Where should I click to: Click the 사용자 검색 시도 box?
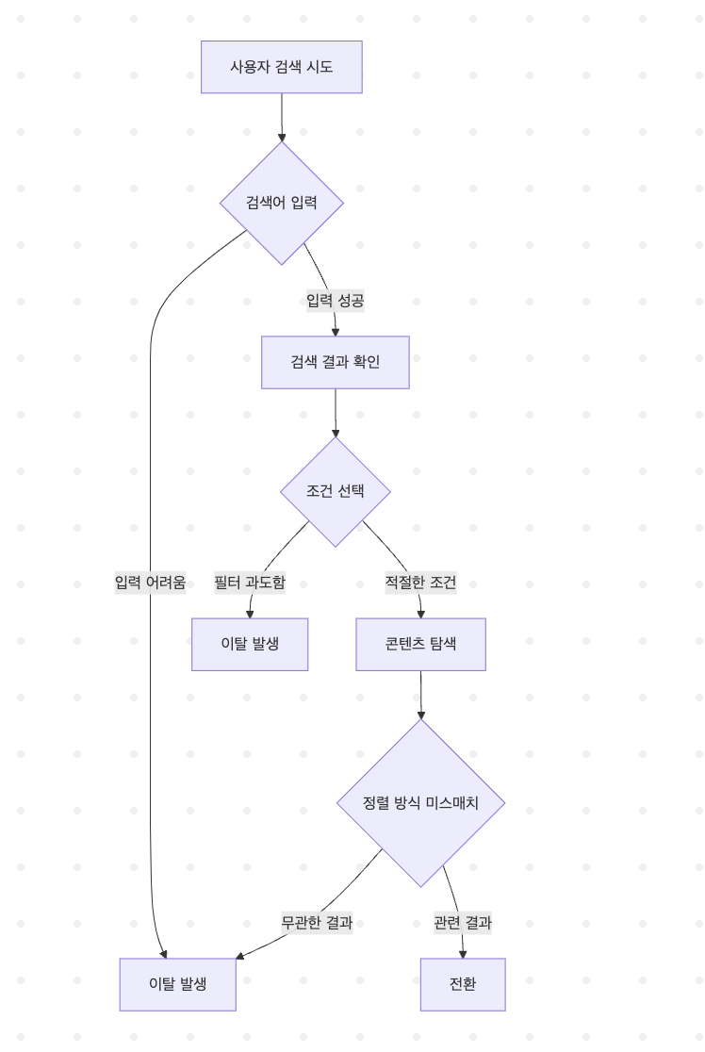[281, 67]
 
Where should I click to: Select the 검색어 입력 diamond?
[281, 203]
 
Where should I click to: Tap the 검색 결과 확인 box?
[335, 362]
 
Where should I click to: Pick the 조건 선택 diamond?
[335, 491]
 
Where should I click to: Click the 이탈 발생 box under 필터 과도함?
[250, 644]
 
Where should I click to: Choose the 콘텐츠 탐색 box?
[420, 644]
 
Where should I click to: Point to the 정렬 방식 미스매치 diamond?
[420, 803]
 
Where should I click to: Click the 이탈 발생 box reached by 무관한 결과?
[177, 984]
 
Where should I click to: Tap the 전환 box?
[463, 984]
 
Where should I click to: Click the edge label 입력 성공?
[335, 301]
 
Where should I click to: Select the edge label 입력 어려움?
[150, 583]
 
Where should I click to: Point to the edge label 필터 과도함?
[250, 583]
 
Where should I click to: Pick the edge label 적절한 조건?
[420, 583]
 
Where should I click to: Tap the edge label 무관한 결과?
[317, 923]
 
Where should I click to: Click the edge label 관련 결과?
[463, 923]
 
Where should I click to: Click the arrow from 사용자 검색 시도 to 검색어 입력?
[281, 117]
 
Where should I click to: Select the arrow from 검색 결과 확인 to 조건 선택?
[335, 412]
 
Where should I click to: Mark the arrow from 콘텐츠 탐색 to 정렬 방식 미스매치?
[420, 695]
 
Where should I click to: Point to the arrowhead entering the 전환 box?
[463, 953]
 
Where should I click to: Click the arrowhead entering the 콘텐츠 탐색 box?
[420, 613]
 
